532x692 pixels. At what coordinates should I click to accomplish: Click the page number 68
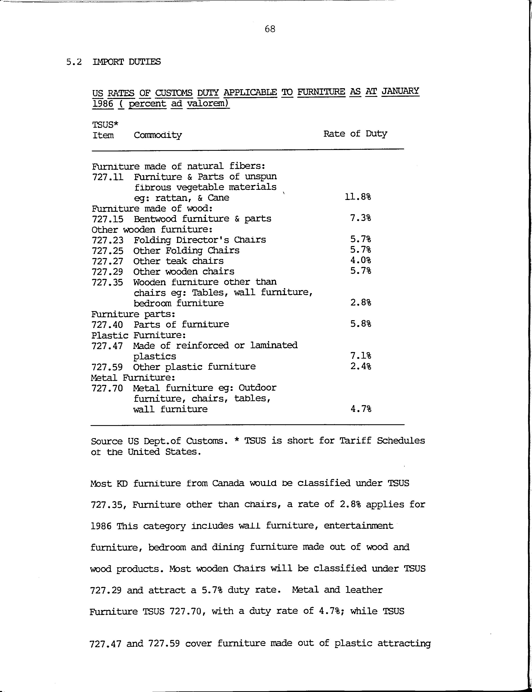point(270,29)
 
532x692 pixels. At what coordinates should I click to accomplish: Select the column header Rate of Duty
point(355,134)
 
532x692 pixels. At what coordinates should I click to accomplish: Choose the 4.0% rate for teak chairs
point(360,260)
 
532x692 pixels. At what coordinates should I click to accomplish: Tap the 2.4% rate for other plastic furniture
point(360,366)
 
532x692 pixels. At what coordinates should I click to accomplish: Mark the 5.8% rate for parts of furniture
point(360,324)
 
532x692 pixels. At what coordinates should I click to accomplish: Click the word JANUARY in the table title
point(400,91)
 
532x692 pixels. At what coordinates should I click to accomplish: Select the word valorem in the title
point(208,104)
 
